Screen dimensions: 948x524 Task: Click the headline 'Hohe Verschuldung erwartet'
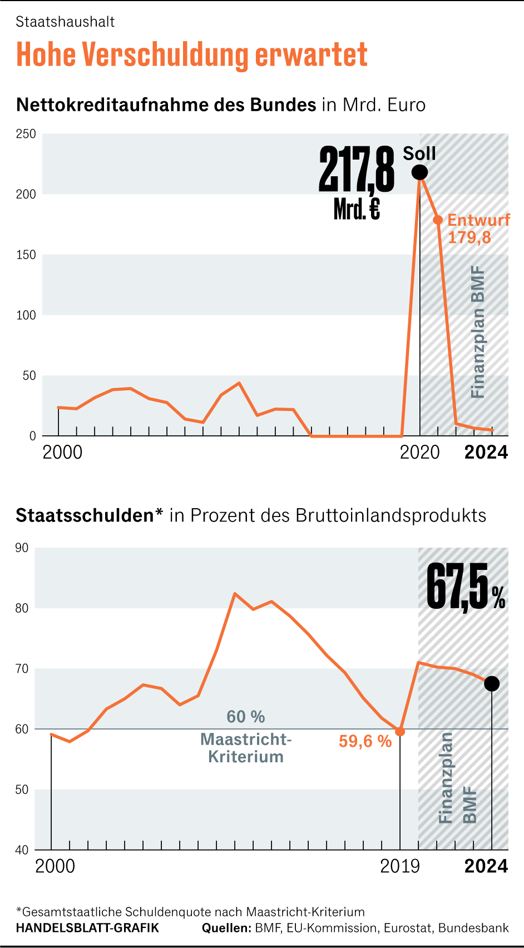[x=192, y=54]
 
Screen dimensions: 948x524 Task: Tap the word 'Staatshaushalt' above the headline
[x=65, y=22]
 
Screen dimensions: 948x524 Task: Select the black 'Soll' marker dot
[x=420, y=172]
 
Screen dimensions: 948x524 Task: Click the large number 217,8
[x=357, y=170]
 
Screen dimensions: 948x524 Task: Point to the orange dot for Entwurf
[x=438, y=220]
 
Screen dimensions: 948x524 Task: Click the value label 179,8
[x=469, y=238]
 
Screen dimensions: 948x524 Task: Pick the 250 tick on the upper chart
[x=26, y=134]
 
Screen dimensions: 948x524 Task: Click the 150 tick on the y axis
[x=26, y=255]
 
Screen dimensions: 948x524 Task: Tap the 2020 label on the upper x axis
[x=420, y=453]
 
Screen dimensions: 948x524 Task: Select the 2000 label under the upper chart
[x=62, y=453]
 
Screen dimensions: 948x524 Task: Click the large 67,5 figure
[x=458, y=587]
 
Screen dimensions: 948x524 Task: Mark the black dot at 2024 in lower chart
[x=492, y=684]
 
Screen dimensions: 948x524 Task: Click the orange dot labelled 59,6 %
[x=399, y=732]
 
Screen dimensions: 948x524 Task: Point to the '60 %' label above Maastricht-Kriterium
[x=246, y=717]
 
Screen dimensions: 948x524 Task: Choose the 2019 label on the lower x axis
[x=400, y=866]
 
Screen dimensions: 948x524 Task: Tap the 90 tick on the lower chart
[x=22, y=548]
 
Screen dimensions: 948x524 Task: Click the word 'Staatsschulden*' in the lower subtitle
[x=89, y=515]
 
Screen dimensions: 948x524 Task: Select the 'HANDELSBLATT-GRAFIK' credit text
[x=87, y=928]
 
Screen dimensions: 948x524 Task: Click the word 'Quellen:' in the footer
[x=226, y=928]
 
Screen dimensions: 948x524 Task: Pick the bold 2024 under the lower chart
[x=486, y=866]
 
